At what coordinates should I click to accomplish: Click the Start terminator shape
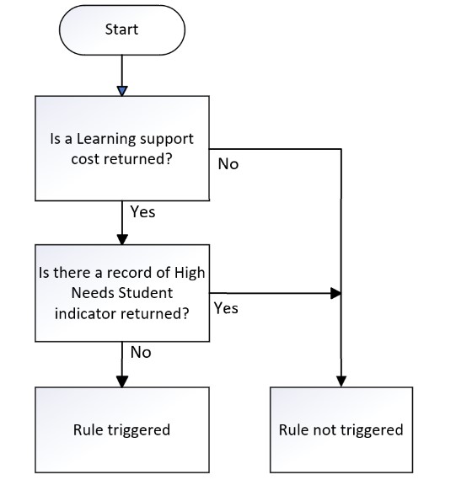[x=122, y=30]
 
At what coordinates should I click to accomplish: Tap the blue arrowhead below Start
[x=122, y=91]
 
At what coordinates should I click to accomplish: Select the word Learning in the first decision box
[x=104, y=139]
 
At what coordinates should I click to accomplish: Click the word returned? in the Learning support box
[x=138, y=159]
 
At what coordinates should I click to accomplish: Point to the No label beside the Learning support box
[x=228, y=164]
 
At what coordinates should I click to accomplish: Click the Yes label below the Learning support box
[x=142, y=212]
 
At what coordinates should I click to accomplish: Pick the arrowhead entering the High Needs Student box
[x=122, y=239]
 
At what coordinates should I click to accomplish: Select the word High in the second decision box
[x=190, y=273]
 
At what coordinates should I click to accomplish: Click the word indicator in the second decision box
[x=86, y=313]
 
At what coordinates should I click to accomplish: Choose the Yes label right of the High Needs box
[x=226, y=308]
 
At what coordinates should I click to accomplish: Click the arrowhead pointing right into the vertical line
[x=335, y=293]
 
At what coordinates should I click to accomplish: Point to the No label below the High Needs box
[x=141, y=352]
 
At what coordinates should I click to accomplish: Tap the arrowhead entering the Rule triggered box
[x=122, y=381]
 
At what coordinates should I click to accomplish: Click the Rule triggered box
[x=122, y=429]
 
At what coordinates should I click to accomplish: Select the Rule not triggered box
[x=341, y=429]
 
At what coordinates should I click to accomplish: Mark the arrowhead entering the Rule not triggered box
[x=341, y=381]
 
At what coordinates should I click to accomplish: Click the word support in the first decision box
[x=164, y=140]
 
